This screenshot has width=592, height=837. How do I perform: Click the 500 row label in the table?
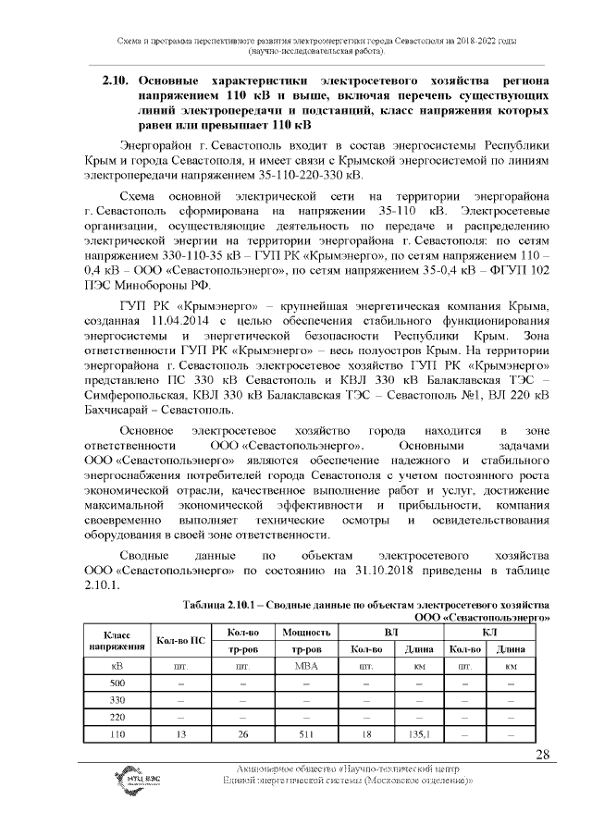click(x=117, y=683)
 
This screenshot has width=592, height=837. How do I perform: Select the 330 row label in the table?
click(x=117, y=699)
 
